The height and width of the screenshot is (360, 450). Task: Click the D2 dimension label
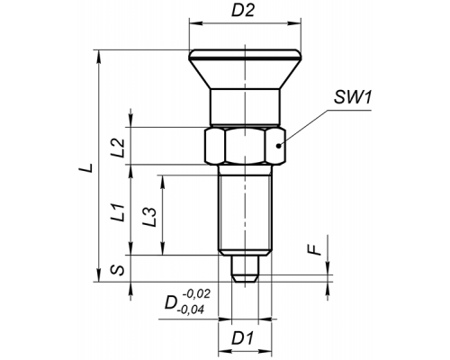[x=243, y=11]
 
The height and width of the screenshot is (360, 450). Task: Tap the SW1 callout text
[x=353, y=97]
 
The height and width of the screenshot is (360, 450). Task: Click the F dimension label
[x=315, y=249]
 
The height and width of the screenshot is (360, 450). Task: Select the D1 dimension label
[x=243, y=338]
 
